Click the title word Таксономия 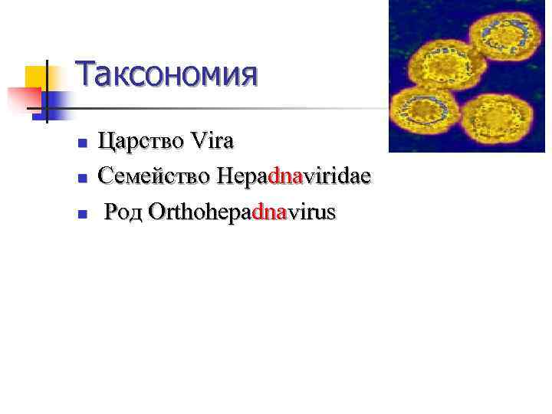pyautogui.click(x=166, y=75)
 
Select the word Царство pyautogui.click(x=138, y=143)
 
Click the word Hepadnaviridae pyautogui.click(x=293, y=178)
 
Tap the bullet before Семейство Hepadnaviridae pyautogui.click(x=81, y=179)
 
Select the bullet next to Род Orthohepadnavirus pyautogui.click(x=81, y=213)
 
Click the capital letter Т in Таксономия pyautogui.click(x=87, y=75)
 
